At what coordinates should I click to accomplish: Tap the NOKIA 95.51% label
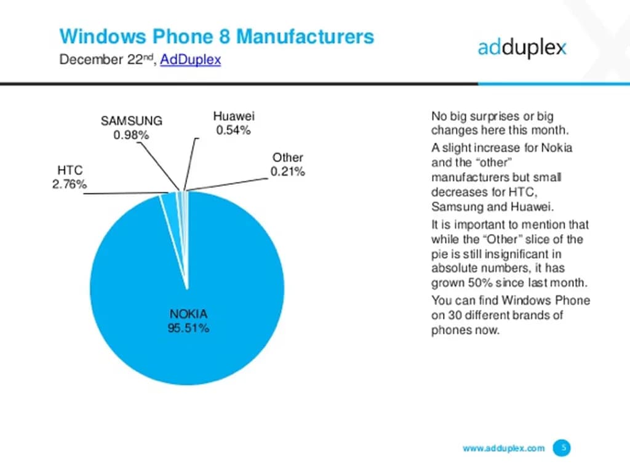[x=189, y=321]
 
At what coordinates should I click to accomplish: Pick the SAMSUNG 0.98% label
[x=131, y=128]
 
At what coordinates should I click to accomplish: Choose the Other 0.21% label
[x=288, y=165]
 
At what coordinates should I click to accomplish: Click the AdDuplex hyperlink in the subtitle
[x=190, y=60]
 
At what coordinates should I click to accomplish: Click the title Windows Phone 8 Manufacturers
[x=217, y=36]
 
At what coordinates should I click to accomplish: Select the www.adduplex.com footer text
[x=503, y=448]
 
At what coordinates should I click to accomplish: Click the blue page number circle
[x=560, y=448]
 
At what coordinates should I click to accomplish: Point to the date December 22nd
[x=108, y=60]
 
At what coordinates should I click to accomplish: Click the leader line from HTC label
[x=123, y=194]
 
